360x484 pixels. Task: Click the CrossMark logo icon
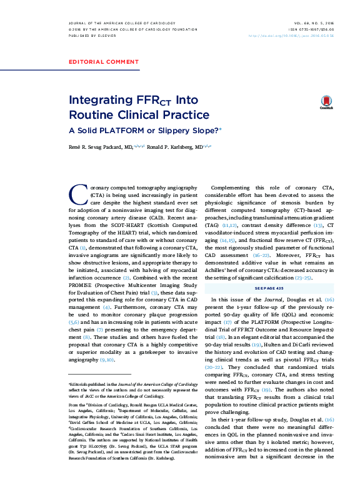point(326,103)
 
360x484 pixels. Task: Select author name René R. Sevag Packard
point(92,146)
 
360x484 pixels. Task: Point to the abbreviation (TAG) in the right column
point(218,223)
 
